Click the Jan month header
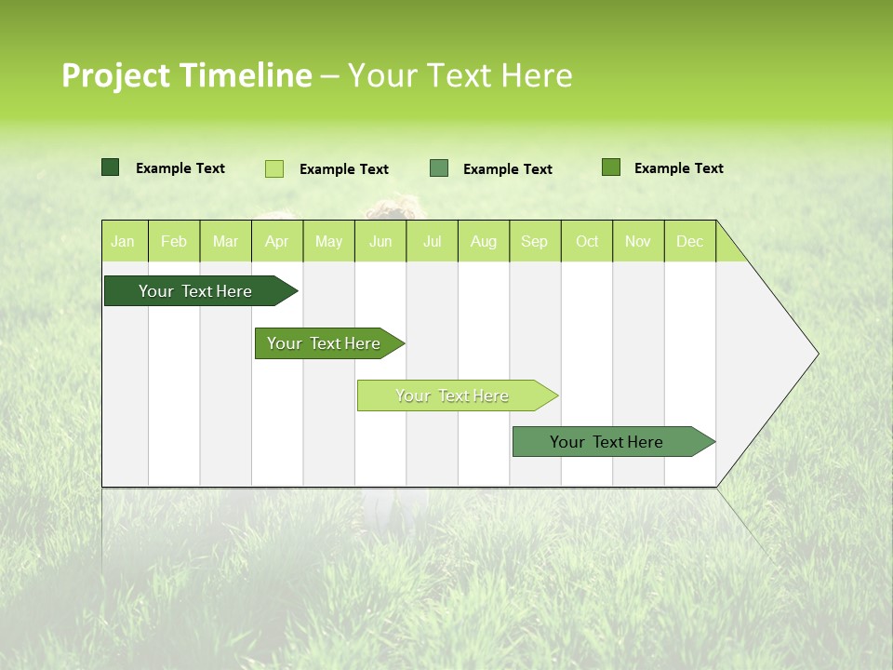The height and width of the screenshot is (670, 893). pyautogui.click(x=123, y=241)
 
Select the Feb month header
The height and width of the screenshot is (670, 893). pyautogui.click(x=174, y=241)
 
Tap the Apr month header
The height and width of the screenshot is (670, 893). pyautogui.click(x=276, y=241)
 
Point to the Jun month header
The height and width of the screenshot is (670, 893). pyautogui.click(x=380, y=241)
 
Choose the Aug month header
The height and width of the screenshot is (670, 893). pyautogui.click(x=483, y=241)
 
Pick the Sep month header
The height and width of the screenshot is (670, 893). pyautogui.click(x=534, y=241)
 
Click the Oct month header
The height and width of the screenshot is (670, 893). pyautogui.click(x=587, y=241)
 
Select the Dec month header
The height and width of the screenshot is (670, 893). pyautogui.click(x=689, y=241)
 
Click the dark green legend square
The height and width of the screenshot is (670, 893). pyautogui.click(x=111, y=167)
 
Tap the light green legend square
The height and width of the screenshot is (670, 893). pyautogui.click(x=274, y=168)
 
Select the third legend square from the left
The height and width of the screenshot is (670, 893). pyautogui.click(x=439, y=168)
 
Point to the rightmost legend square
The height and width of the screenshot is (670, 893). pyautogui.click(x=611, y=167)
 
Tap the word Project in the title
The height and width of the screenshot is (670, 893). pyautogui.click(x=115, y=75)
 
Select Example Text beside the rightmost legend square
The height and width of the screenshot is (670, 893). pyautogui.click(x=678, y=168)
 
